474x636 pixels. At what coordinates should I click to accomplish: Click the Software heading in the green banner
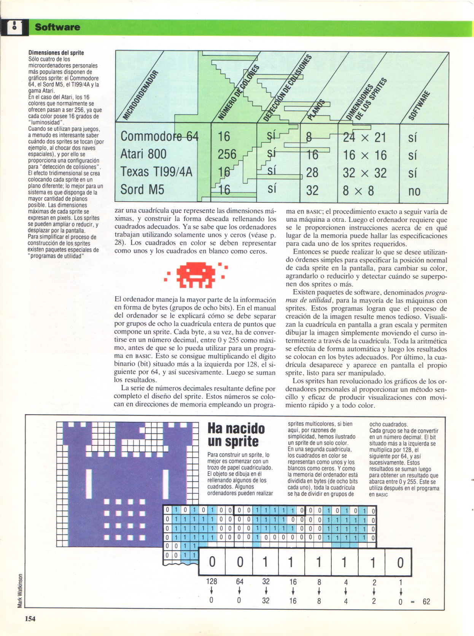tap(57, 27)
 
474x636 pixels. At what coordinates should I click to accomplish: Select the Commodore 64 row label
tap(159, 136)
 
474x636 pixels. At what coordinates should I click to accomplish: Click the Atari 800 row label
tap(143, 154)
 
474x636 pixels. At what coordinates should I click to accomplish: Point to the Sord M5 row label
tap(142, 189)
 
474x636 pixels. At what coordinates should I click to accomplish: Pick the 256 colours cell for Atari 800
tap(227, 154)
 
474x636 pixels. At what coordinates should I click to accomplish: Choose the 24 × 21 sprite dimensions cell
tap(364, 137)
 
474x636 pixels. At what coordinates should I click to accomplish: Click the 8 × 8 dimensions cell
tap(358, 191)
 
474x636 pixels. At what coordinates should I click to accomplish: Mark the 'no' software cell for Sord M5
tap(414, 191)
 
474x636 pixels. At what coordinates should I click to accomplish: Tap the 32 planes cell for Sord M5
tap(312, 190)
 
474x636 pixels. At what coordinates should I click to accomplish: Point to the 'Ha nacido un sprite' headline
tap(236, 435)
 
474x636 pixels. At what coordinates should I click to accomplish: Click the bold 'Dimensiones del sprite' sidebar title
tap(56, 53)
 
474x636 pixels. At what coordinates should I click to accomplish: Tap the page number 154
tap(30, 619)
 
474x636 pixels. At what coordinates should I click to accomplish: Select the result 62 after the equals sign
tap(426, 601)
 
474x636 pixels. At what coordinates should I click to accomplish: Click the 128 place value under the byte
tap(212, 581)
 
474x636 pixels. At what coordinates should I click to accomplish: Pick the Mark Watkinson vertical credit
tap(20, 590)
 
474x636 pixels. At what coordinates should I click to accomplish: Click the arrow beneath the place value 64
tap(239, 591)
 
